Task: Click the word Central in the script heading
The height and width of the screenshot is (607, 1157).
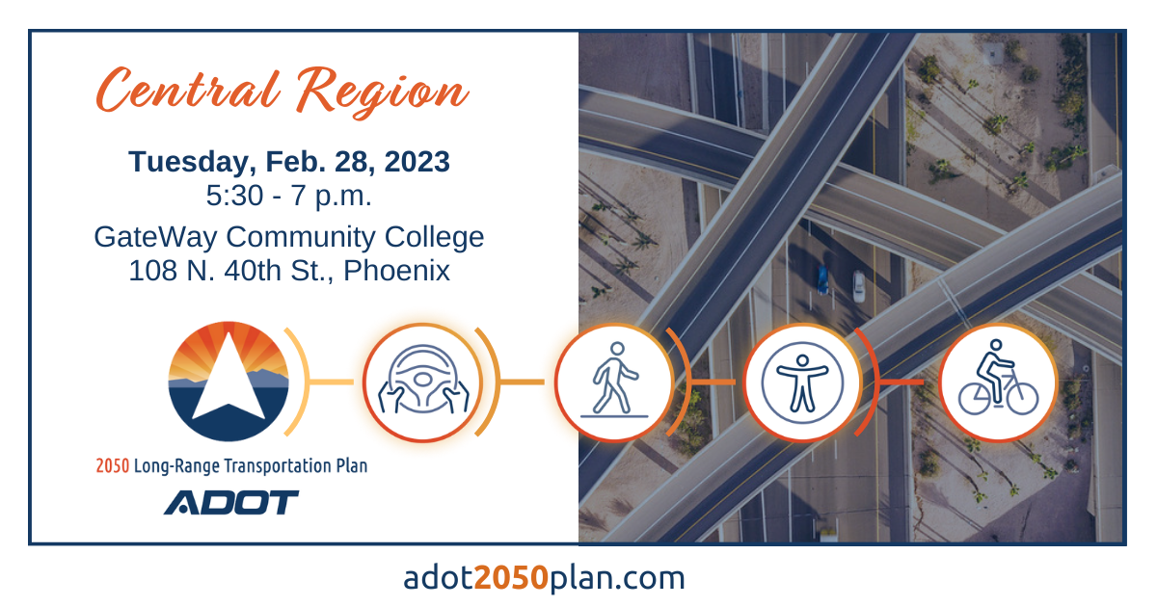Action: [x=188, y=90]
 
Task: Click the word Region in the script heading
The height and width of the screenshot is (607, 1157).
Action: [x=382, y=92]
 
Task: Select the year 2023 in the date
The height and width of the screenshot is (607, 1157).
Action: [x=417, y=162]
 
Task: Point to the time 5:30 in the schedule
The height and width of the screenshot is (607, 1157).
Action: [x=234, y=196]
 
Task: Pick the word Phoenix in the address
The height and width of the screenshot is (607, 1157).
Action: [x=396, y=271]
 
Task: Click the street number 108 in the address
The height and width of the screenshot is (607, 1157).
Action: [x=152, y=271]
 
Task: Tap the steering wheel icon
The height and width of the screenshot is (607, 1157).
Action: [x=423, y=383]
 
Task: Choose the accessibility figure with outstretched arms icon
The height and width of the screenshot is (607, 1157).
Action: [x=802, y=383]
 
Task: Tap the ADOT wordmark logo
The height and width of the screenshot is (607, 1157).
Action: [x=231, y=502]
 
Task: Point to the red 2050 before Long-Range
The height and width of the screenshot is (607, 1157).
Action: [x=112, y=466]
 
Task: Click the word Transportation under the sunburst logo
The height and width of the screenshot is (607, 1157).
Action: [x=278, y=466]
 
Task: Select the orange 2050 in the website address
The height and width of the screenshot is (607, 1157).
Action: [x=511, y=577]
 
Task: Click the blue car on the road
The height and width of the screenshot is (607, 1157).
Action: [x=822, y=278]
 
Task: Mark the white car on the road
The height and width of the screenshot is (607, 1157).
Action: [x=858, y=286]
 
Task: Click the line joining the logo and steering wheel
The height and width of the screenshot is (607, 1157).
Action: [x=331, y=383]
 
